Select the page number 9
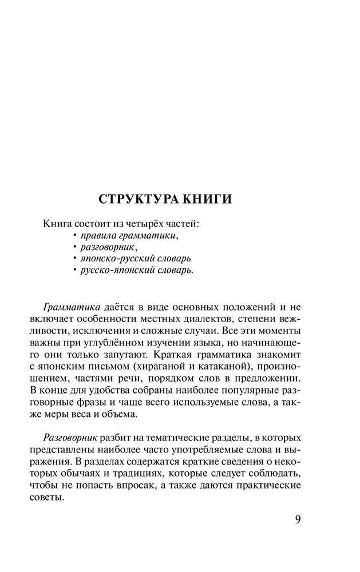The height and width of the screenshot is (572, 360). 298,520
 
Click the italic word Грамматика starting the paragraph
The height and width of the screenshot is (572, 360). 68,307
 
